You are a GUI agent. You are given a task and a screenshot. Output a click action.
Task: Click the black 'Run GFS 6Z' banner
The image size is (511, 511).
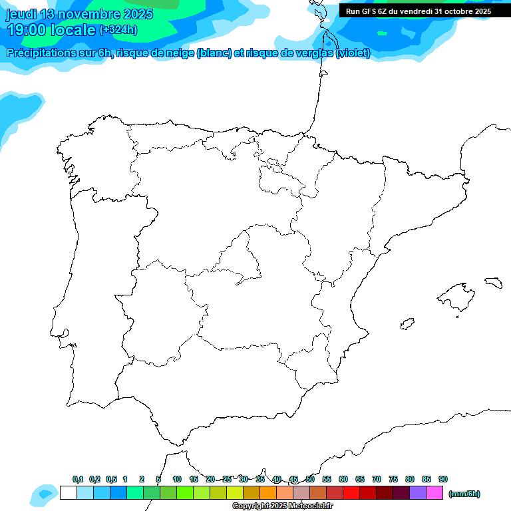418,11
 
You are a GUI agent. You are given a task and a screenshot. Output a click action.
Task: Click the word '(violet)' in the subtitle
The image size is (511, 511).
353,53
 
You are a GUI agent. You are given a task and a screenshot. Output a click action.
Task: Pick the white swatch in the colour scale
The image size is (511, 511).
68,493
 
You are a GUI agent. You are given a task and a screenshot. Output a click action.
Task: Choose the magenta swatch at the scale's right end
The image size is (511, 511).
434,493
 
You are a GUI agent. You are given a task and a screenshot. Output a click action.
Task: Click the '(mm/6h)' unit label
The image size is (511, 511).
464,494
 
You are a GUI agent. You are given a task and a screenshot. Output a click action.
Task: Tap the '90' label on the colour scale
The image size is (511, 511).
443,479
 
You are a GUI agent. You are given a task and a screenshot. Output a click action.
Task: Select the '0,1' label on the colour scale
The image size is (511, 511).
78,479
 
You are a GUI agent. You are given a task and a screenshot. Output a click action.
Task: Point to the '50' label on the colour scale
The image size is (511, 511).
310,479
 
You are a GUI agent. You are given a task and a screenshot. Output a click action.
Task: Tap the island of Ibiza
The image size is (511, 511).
406,324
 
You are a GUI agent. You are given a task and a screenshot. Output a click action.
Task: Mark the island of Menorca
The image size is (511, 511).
493,282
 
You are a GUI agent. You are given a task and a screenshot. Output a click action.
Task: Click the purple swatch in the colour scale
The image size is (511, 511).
418,493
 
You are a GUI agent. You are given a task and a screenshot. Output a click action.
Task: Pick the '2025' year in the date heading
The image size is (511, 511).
137,14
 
